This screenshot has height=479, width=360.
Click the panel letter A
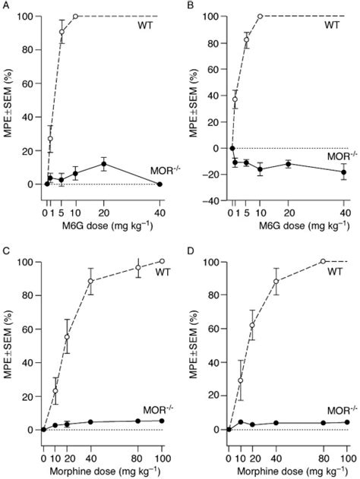coord(5,5)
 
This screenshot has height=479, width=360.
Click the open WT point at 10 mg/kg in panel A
coord(75,16)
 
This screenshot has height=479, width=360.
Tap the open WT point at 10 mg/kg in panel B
coord(260,16)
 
